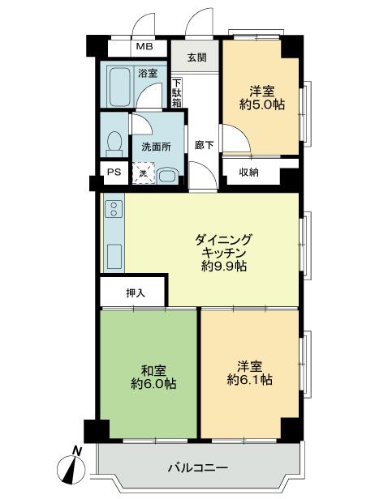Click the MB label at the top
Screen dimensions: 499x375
point(144,46)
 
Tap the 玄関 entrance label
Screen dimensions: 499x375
point(196,58)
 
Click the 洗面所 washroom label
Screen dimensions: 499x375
point(156,147)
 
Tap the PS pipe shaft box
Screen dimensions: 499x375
point(113,173)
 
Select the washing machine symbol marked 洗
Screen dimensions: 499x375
point(142,173)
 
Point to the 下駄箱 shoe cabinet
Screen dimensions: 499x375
point(176,94)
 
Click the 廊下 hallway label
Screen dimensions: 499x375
point(205,146)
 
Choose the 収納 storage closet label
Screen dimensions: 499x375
point(248,173)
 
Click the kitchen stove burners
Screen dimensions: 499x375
point(113,213)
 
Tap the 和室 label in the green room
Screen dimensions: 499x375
point(148,370)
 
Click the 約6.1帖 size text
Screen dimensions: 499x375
point(249,378)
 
